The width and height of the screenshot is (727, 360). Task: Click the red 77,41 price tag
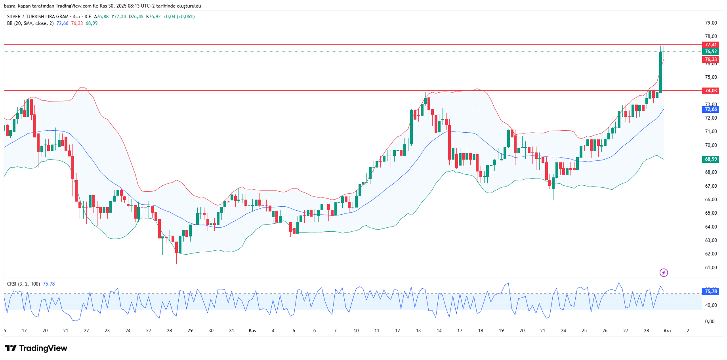711,45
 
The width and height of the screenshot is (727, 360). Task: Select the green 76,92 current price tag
711,51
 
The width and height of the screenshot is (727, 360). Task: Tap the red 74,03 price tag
711,91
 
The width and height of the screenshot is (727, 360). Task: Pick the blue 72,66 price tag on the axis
711,109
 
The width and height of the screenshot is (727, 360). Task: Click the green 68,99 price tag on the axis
711,159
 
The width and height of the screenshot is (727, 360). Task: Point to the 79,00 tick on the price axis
711,23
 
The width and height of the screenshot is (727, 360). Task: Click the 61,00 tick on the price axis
711,268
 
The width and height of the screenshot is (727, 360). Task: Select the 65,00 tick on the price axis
711,213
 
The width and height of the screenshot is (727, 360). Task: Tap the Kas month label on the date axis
252,331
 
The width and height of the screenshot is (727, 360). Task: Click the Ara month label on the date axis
667,331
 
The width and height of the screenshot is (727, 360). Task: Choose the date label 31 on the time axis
231,331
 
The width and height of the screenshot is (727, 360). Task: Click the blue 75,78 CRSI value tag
711,291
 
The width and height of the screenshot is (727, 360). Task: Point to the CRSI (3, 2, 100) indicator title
23,284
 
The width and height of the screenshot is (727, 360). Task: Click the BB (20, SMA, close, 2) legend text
30,23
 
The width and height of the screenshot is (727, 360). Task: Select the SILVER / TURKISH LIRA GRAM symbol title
38,17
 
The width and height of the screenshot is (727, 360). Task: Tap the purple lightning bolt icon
664,272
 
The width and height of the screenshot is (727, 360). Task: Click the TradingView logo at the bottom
36,348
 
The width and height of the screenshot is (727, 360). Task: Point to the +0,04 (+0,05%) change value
179,17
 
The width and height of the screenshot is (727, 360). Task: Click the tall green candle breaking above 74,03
660,72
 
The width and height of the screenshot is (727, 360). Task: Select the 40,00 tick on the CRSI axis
711,305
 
